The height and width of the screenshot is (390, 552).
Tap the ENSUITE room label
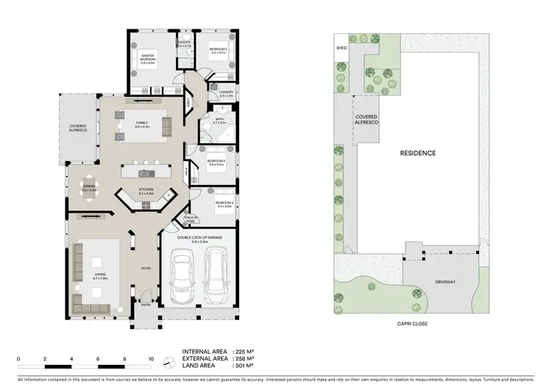184,43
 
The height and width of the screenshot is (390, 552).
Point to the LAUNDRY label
226,93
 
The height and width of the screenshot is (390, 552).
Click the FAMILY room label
142,124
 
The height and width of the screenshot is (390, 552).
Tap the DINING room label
88,189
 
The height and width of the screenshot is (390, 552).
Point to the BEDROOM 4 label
224,204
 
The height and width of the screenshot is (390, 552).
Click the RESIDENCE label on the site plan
418,153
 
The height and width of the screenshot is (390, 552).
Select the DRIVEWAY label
447,280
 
